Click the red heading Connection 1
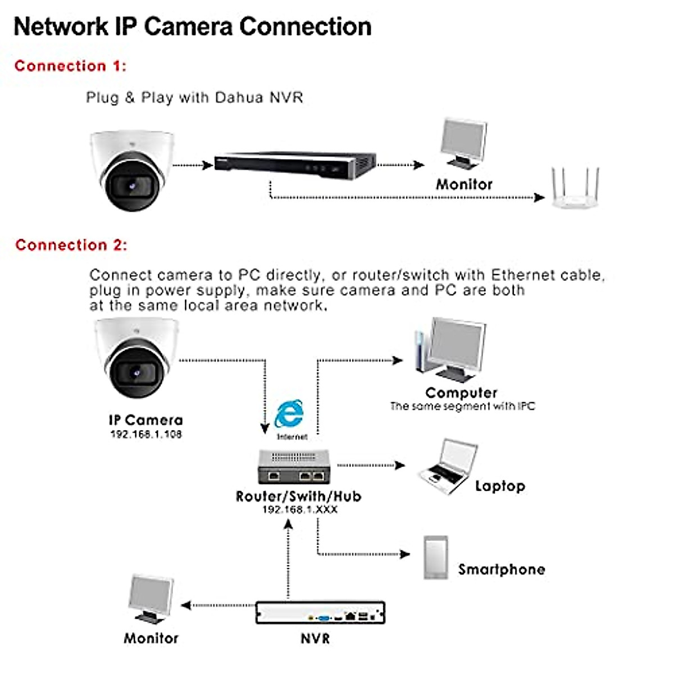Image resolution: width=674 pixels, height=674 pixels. pyautogui.click(x=70, y=66)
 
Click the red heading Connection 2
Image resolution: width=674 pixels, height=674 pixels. pyautogui.click(x=71, y=245)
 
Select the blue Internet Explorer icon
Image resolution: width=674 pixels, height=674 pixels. pyautogui.click(x=290, y=416)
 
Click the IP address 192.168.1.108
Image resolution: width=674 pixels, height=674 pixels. pyautogui.click(x=146, y=434)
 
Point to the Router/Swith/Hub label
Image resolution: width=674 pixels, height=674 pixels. pyautogui.click(x=298, y=497)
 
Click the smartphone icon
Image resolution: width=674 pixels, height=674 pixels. pyautogui.click(x=436, y=557)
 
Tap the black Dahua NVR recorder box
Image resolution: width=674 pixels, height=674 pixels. pyautogui.click(x=295, y=164)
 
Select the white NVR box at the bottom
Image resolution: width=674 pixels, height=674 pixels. pyautogui.click(x=320, y=612)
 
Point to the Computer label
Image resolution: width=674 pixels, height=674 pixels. pyautogui.click(x=461, y=393)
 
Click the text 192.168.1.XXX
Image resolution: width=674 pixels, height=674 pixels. pyautogui.click(x=300, y=509)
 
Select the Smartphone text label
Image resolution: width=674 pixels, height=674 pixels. pyautogui.click(x=502, y=570)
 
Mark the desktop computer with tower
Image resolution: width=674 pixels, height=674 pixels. pyautogui.click(x=451, y=349)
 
